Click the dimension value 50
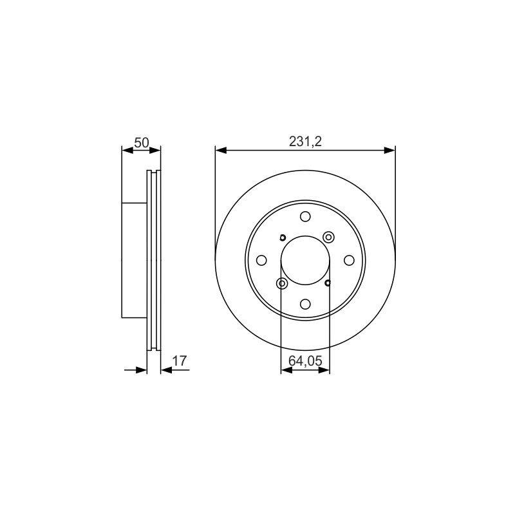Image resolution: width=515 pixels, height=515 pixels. (142, 143)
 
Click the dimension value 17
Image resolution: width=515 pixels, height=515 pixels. (180, 361)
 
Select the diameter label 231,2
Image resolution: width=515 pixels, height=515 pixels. (305, 142)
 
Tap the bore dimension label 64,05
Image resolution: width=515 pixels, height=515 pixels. (305, 361)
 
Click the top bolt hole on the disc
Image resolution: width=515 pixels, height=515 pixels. (305, 216)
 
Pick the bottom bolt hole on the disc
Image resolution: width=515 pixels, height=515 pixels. (305, 304)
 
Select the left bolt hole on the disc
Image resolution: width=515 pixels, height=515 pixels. (261, 261)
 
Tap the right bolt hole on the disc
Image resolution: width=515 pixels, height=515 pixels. (349, 261)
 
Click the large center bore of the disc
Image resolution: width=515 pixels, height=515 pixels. (305, 261)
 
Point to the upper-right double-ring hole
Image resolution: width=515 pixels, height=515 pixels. (328, 237)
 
